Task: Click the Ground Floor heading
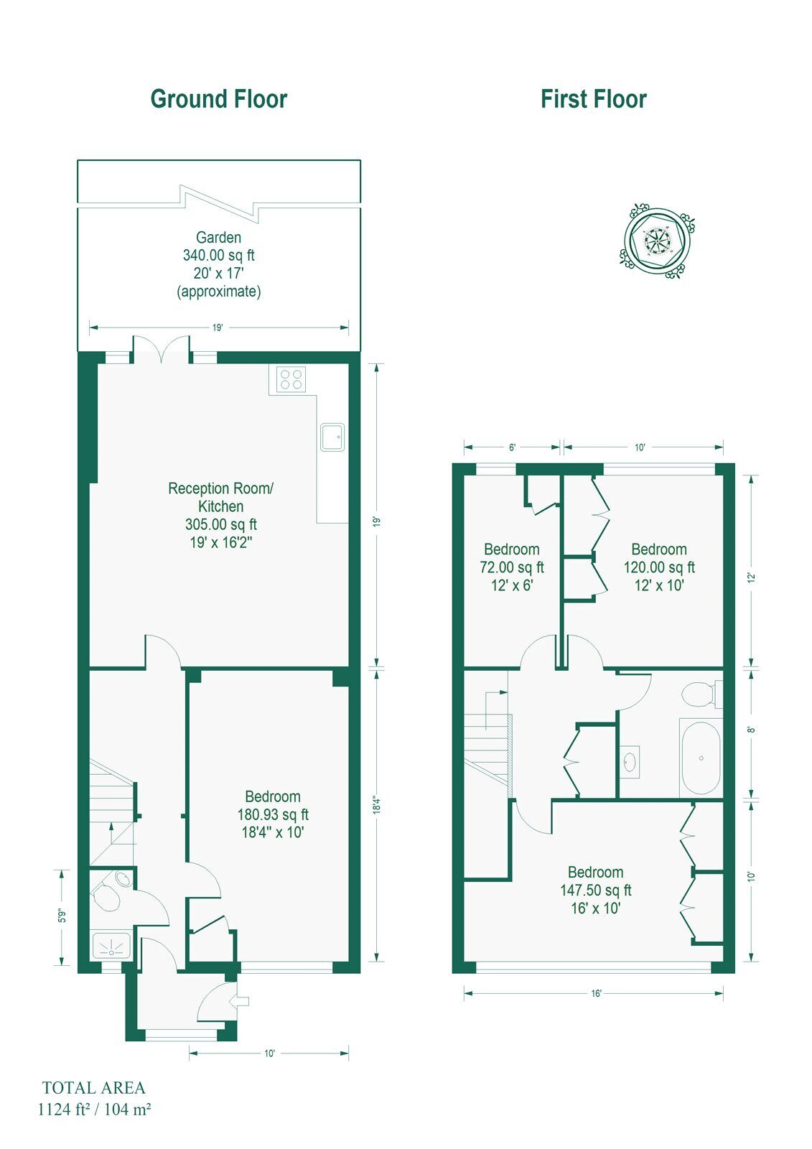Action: (218, 99)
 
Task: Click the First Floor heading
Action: (594, 99)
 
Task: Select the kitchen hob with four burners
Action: (291, 379)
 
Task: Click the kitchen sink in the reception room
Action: (332, 437)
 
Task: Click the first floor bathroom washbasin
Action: (630, 762)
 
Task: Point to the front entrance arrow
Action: (241, 1000)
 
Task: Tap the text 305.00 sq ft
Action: (220, 524)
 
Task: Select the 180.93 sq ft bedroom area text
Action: (273, 814)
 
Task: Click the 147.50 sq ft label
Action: (595, 890)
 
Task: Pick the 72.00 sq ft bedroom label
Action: (511, 567)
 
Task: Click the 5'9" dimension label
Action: (62, 916)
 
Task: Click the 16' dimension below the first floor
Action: (595, 993)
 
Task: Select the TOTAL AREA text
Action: (94, 1088)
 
